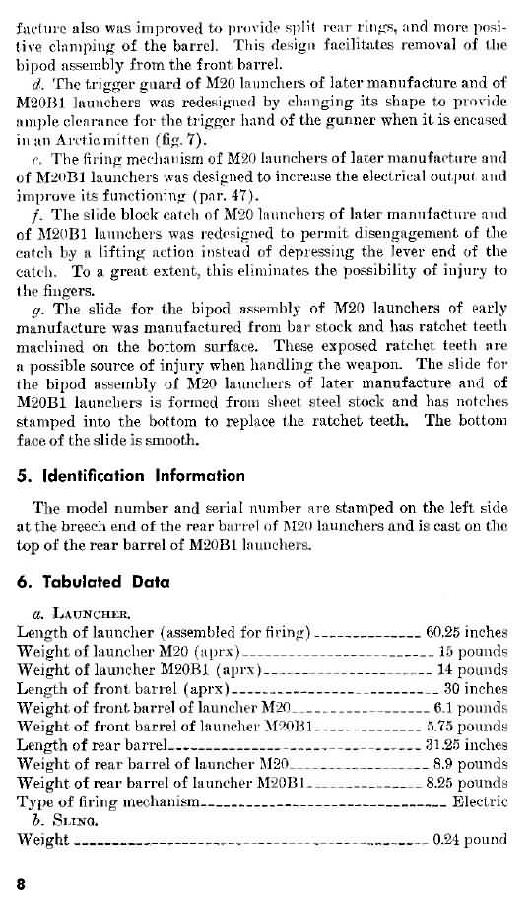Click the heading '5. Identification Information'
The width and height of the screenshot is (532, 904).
131,475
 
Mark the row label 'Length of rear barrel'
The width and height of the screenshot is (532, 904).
94,745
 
